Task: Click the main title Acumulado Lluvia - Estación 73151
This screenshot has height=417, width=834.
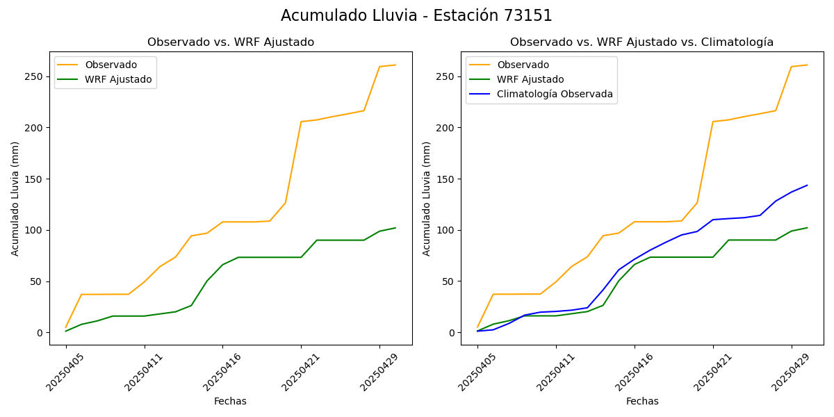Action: [x=416, y=16]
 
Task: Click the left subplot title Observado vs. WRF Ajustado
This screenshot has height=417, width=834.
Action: [x=230, y=42]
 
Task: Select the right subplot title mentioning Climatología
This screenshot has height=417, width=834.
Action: [x=641, y=42]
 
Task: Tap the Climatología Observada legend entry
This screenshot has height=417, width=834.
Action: [x=555, y=95]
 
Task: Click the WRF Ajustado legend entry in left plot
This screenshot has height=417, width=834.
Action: [x=118, y=79]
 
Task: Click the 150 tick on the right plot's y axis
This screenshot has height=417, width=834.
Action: [x=448, y=179]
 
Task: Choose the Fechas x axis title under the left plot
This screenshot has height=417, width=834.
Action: [x=230, y=402]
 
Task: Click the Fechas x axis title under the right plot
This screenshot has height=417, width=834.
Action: [x=641, y=402]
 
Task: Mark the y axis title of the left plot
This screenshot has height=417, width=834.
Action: [x=15, y=199]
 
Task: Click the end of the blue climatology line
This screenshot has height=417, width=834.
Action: [x=807, y=185]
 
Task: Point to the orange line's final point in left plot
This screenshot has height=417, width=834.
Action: [x=395, y=65]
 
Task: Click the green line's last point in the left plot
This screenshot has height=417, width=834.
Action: [x=395, y=228]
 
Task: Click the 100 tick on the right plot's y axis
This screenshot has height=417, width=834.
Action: [x=448, y=230]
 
